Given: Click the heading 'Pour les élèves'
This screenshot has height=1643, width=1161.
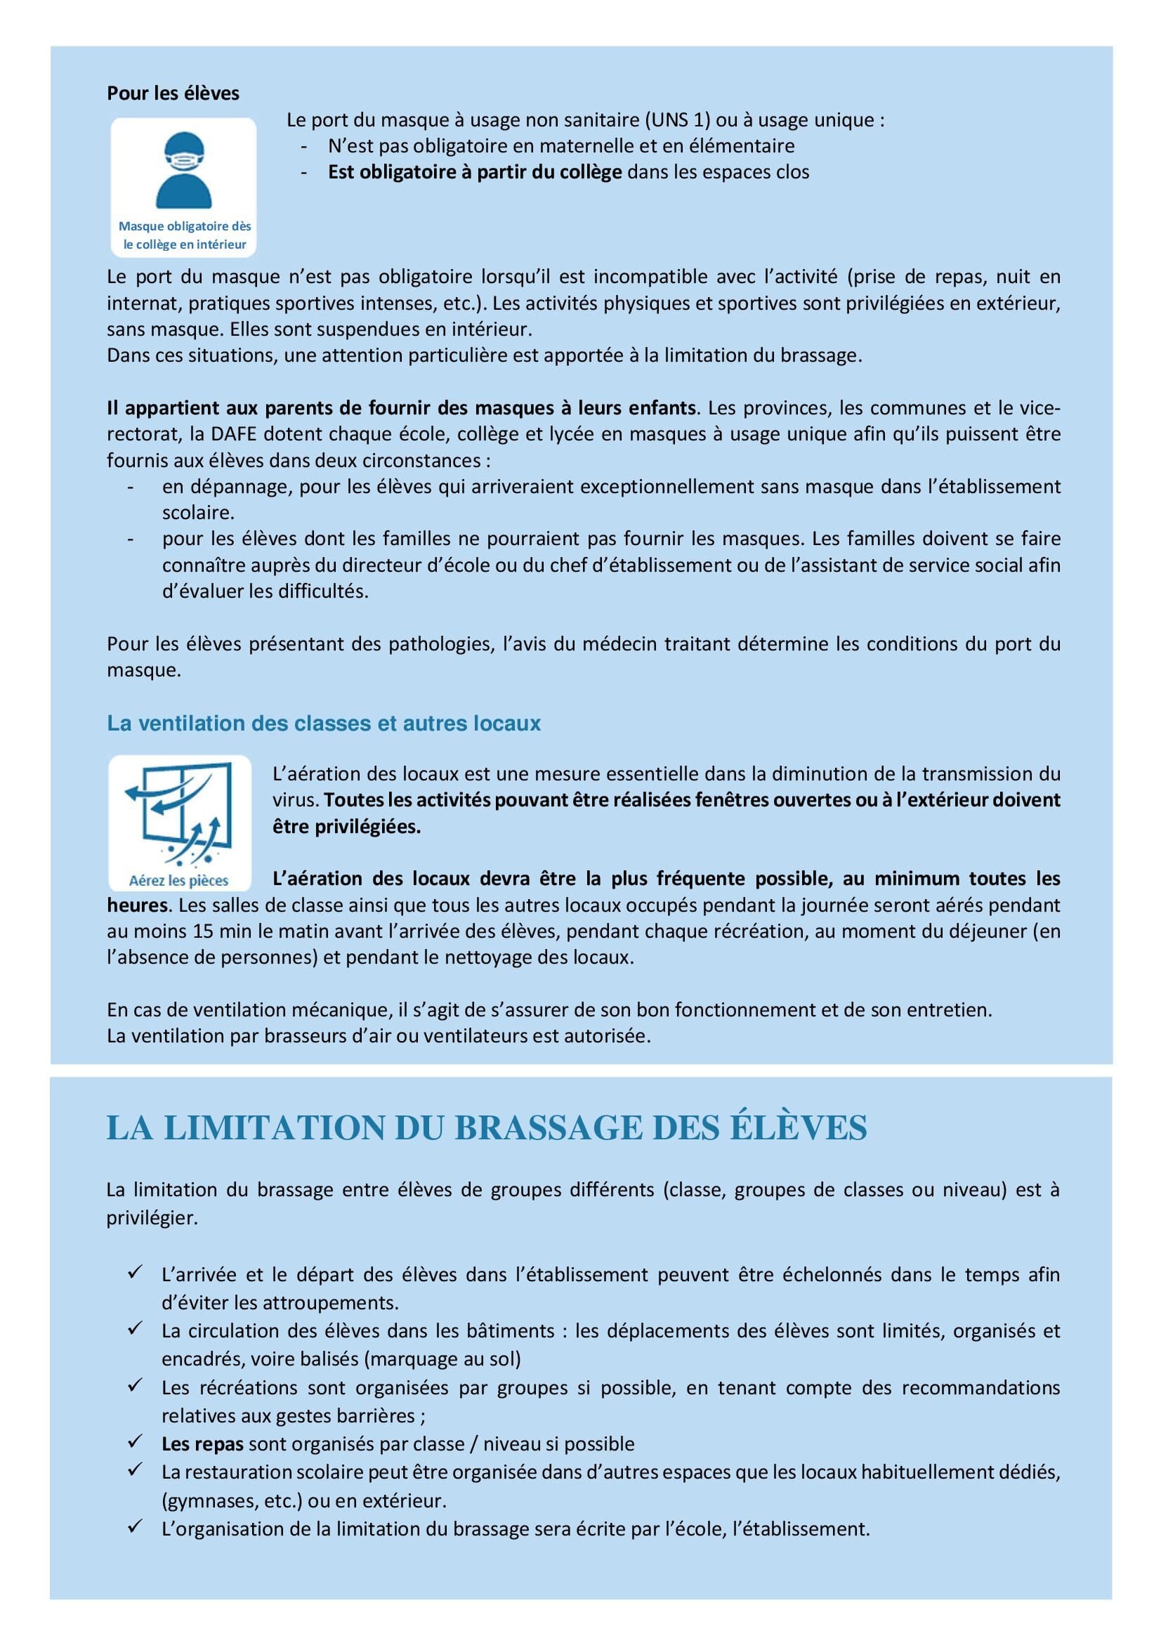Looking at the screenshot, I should (x=173, y=93).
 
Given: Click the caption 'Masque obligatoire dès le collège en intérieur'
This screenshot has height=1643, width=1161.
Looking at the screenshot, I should (x=185, y=235).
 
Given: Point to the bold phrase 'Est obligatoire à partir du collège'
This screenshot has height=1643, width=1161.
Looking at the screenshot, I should (x=474, y=173).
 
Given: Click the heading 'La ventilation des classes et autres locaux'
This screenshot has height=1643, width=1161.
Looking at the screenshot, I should (x=323, y=724).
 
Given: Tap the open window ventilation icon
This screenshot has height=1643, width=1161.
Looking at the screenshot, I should (x=180, y=813).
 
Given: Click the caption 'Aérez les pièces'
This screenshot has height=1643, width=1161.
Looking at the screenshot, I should (x=179, y=880).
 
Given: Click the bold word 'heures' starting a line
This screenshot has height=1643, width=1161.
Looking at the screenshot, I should (x=137, y=905).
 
